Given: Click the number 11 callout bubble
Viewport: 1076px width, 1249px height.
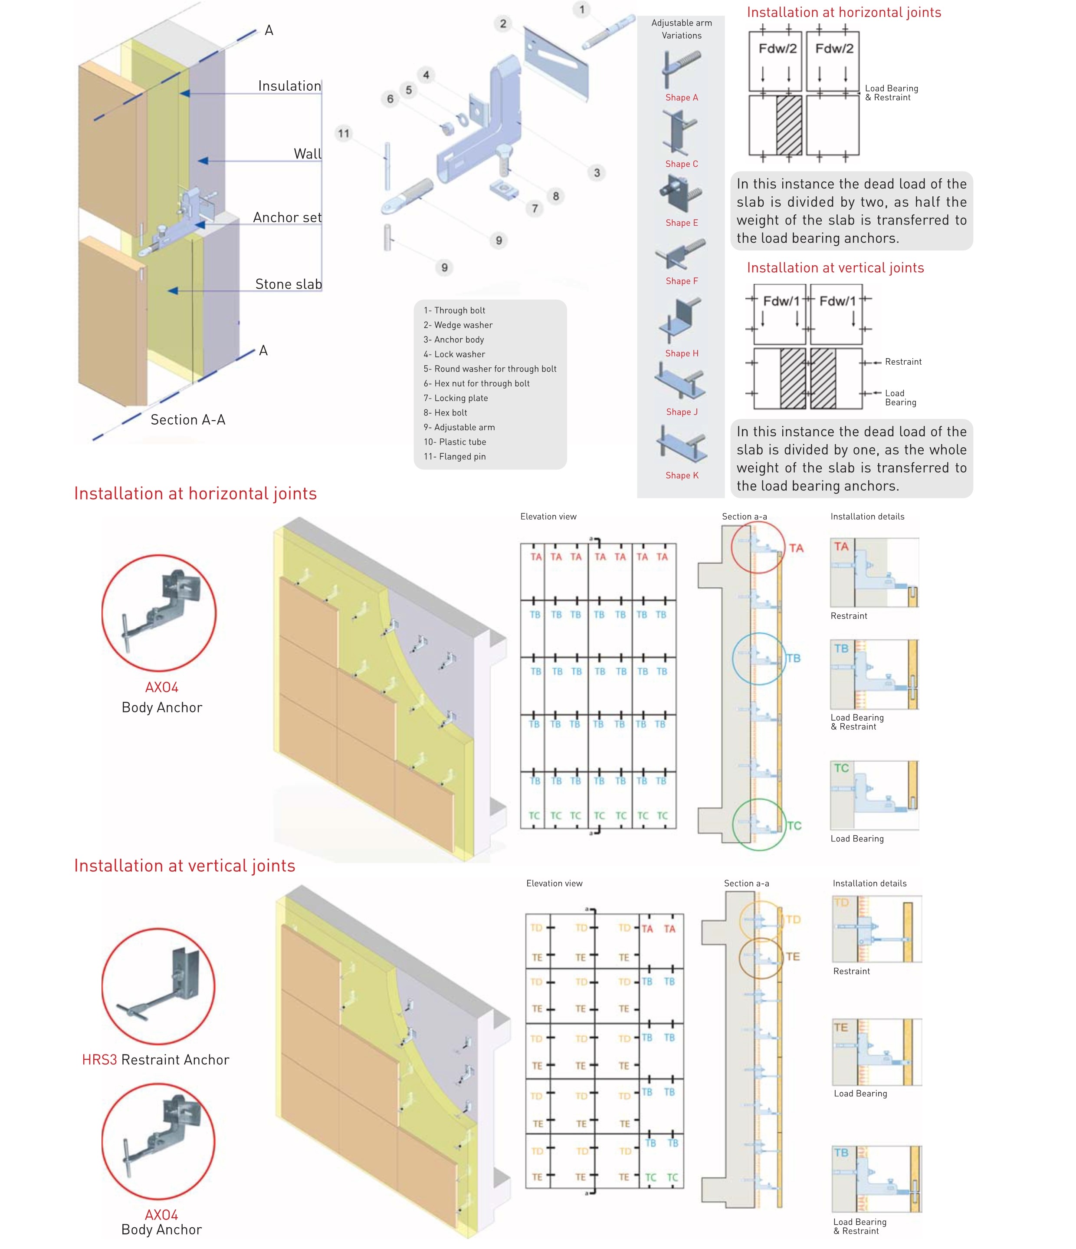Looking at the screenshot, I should (343, 133).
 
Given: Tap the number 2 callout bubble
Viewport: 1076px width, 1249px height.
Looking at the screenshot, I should (503, 23).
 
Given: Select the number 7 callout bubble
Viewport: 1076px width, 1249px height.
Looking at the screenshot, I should (535, 208).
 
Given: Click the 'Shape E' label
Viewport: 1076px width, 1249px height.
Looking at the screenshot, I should (681, 222).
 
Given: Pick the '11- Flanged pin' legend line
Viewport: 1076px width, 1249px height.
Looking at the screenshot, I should (454, 456).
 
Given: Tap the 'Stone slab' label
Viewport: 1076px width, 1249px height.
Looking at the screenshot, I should (288, 284).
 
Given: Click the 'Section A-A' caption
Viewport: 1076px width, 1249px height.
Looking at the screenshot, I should (187, 419).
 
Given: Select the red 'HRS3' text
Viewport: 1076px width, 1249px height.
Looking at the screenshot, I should (99, 1059).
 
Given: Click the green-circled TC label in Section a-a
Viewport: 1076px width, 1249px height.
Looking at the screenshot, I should (794, 825).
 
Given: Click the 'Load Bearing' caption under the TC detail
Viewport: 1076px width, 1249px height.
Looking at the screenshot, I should (857, 838).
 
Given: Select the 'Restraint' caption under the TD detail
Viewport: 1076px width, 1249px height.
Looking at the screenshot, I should (851, 971).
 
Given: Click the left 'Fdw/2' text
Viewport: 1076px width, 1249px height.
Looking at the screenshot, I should (777, 48).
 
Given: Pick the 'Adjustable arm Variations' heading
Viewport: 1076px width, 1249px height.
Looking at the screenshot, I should (681, 29).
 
